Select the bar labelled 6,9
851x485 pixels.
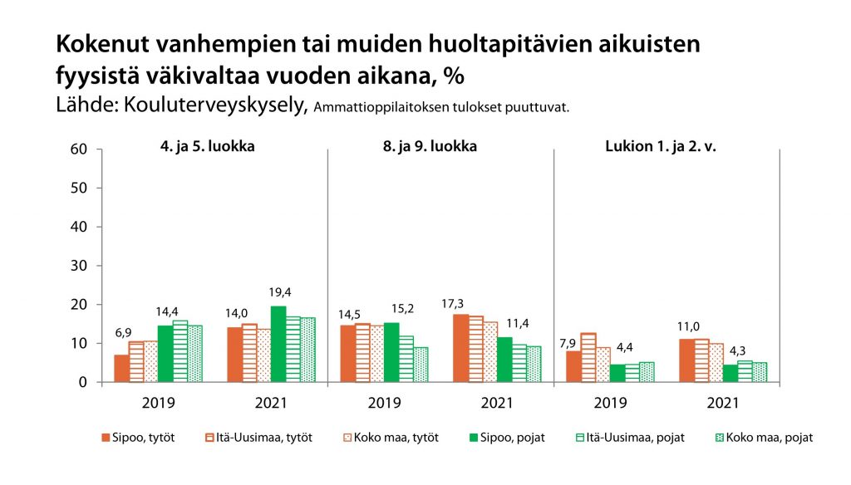(121, 368)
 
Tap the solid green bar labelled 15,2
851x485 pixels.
(391, 352)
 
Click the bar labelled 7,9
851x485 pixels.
(573, 366)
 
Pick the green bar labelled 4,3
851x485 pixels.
(730, 373)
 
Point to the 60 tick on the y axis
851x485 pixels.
(79, 149)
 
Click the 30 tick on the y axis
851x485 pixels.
(79, 266)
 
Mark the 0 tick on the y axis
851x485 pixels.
(84, 383)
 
